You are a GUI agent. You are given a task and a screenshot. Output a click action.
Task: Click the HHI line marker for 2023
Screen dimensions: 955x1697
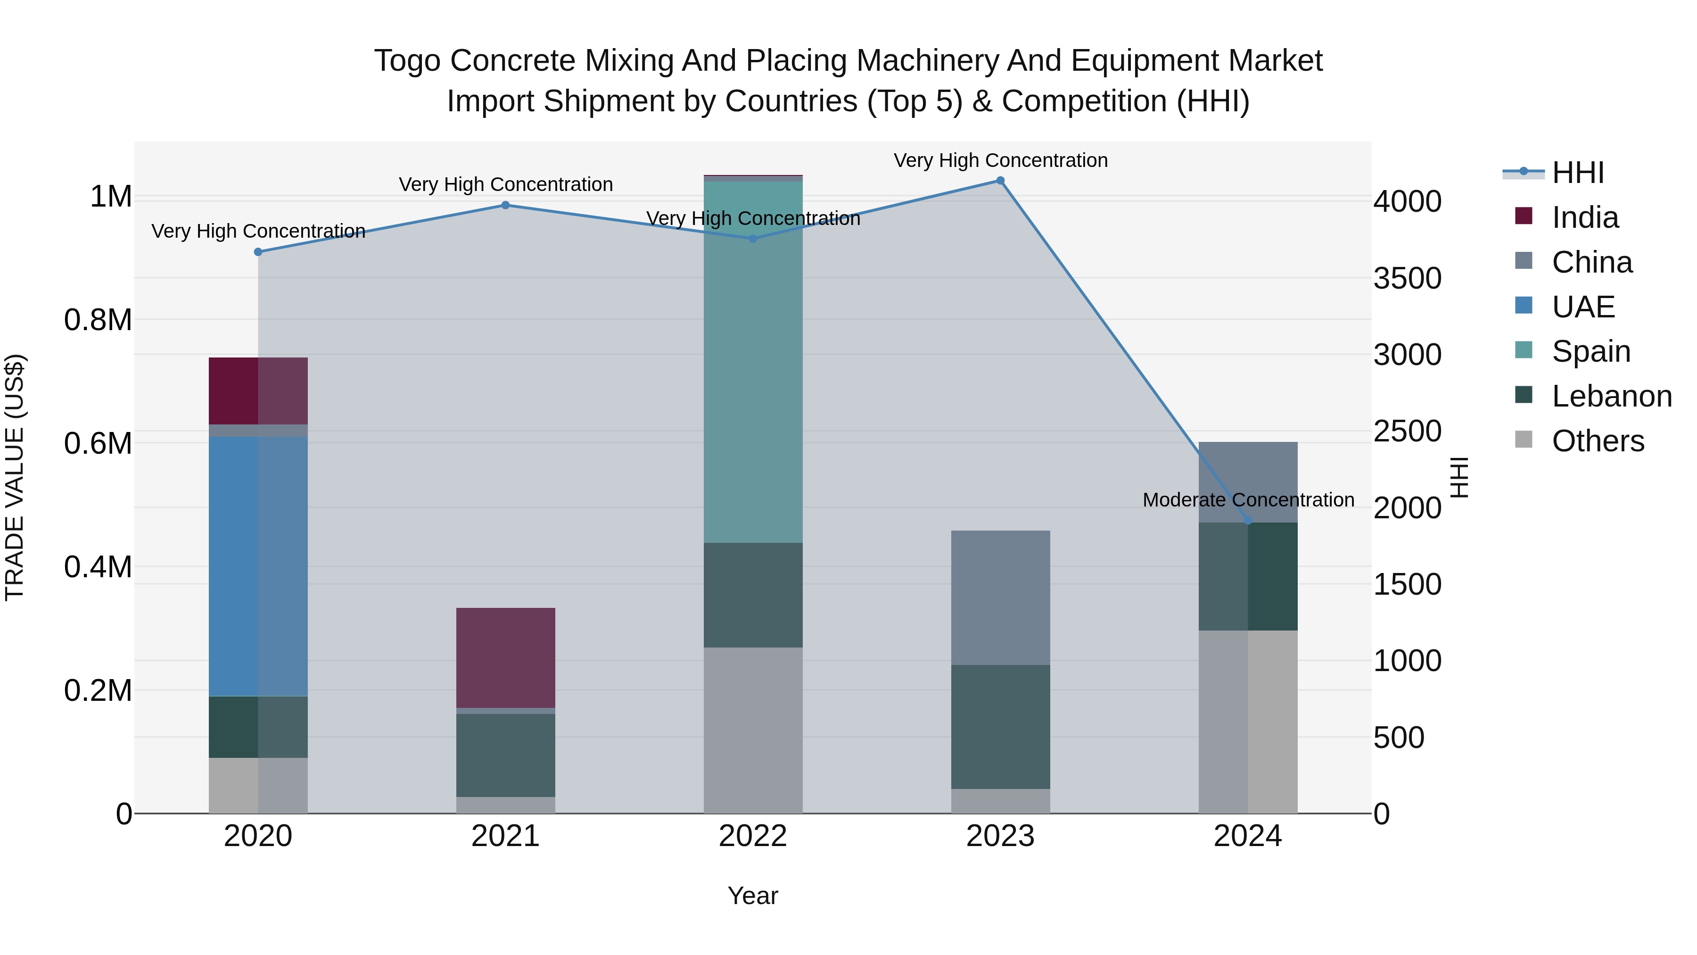click(1000, 181)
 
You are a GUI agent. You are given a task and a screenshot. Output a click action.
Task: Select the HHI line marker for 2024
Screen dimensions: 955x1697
click(1248, 521)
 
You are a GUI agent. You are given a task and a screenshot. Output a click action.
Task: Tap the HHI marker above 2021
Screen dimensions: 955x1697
click(505, 205)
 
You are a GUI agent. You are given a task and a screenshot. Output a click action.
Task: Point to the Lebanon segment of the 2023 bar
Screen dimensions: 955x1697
click(1000, 726)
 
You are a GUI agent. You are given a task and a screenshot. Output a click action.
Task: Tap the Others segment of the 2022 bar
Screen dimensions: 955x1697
click(753, 730)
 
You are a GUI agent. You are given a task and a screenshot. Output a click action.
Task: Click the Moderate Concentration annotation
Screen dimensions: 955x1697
click(1248, 500)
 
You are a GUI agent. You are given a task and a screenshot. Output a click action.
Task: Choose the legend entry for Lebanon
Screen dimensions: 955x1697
click(1611, 396)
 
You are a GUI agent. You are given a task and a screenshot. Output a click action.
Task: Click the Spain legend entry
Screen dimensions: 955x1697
click(1590, 351)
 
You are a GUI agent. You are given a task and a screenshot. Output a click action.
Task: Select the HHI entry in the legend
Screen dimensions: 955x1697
click(1577, 173)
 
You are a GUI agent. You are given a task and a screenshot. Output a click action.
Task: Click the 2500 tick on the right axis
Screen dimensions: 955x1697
click(1407, 432)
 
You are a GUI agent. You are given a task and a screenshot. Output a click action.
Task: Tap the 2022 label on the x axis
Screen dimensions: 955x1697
click(753, 836)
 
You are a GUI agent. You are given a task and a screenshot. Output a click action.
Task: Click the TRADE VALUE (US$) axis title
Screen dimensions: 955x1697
click(15, 477)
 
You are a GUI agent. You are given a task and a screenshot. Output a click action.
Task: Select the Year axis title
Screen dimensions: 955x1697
click(752, 896)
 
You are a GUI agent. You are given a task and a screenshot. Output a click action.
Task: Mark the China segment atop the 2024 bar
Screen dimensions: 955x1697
click(1248, 481)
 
